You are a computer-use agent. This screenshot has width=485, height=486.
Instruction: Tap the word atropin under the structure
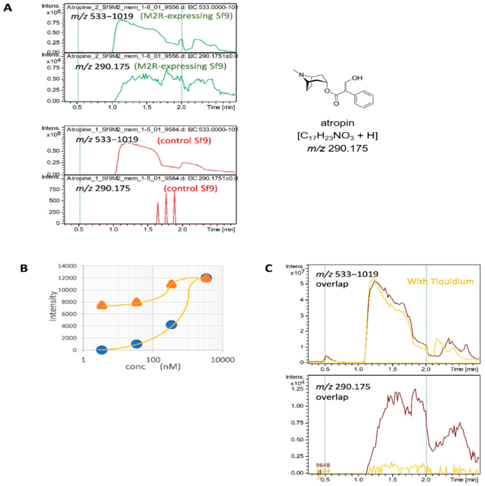click(x=337, y=123)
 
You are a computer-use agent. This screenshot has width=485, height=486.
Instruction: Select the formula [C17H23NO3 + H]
click(x=337, y=136)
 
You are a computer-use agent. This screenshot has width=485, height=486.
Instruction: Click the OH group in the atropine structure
click(x=357, y=78)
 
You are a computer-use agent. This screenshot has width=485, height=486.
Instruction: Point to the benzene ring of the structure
click(x=364, y=99)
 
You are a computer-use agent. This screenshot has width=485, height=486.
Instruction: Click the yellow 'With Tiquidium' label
click(x=440, y=281)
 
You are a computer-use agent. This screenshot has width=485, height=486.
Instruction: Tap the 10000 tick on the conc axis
click(x=223, y=360)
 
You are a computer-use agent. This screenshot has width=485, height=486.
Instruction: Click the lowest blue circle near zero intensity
click(x=102, y=350)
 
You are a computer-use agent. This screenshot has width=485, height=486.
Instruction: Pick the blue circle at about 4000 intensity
click(x=171, y=325)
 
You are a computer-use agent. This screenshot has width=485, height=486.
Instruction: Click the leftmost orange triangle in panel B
click(x=102, y=305)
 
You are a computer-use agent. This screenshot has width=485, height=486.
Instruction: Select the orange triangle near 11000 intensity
click(x=171, y=284)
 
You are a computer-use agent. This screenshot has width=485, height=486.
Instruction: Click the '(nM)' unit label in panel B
click(x=170, y=367)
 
